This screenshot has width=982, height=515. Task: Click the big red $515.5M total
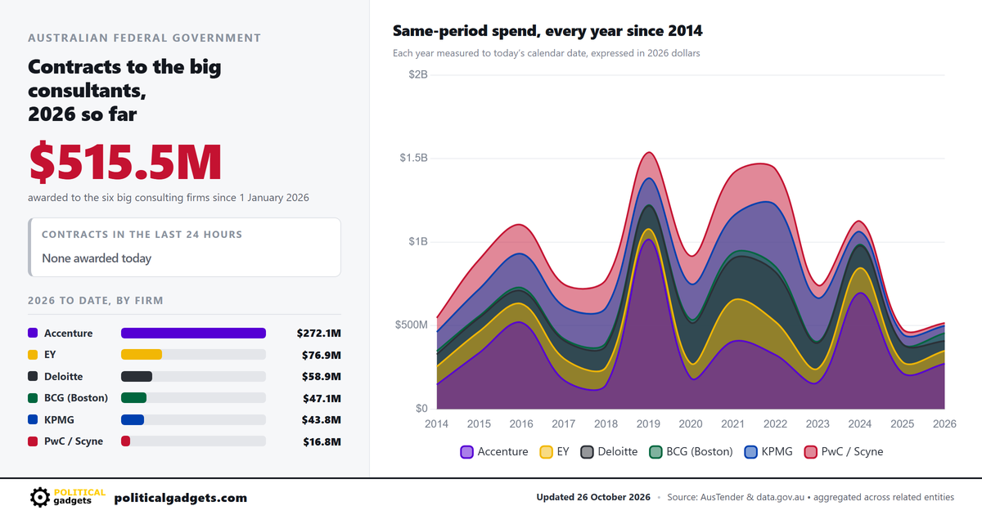125,162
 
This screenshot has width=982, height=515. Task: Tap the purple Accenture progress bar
193,334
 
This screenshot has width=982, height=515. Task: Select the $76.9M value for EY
322,355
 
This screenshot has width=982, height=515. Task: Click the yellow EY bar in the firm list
142,354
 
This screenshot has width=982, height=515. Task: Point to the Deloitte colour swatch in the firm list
33,376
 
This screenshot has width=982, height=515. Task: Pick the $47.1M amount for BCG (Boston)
322,398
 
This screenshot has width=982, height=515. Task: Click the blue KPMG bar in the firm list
133,419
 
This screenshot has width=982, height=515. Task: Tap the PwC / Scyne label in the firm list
74,441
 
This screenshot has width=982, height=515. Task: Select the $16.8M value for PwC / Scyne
322,441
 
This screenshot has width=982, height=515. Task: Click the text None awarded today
97,258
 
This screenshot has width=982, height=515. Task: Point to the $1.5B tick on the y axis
413,158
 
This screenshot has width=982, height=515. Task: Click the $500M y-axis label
411,325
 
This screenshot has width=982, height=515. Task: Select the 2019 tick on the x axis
648,424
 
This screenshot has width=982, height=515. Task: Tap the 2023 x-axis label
818,424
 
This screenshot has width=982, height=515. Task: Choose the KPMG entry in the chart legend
768,451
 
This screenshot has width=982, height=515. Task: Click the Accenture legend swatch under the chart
467,452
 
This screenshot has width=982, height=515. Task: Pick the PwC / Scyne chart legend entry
844,451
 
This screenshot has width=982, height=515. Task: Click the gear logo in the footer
40,498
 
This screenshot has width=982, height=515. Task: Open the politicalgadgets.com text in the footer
181,498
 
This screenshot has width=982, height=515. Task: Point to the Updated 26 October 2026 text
593,497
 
